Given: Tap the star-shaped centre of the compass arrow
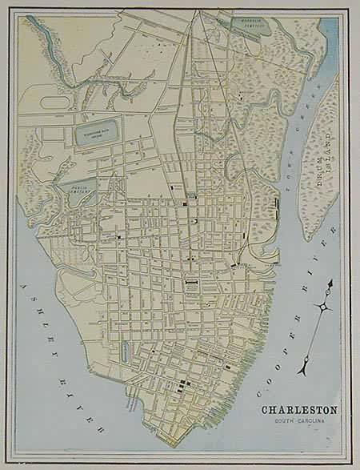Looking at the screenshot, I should (x=322, y=307).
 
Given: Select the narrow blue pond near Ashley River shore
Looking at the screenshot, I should (x=125, y=351).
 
